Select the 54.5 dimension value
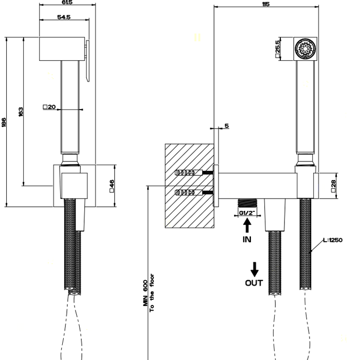pyautogui.click(x=63, y=17)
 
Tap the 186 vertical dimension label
pyautogui.click(x=4, y=122)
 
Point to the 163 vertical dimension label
pyautogui.click(x=21, y=112)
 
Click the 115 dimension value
pyautogui.click(x=265, y=4)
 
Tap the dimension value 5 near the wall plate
pyautogui.click(x=226, y=126)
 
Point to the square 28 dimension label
pyautogui.click(x=334, y=185)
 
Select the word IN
pyautogui.click(x=247, y=239)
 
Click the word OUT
pyautogui.click(x=254, y=282)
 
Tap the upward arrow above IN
pyautogui.click(x=247, y=226)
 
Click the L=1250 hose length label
pyautogui.click(x=333, y=240)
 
